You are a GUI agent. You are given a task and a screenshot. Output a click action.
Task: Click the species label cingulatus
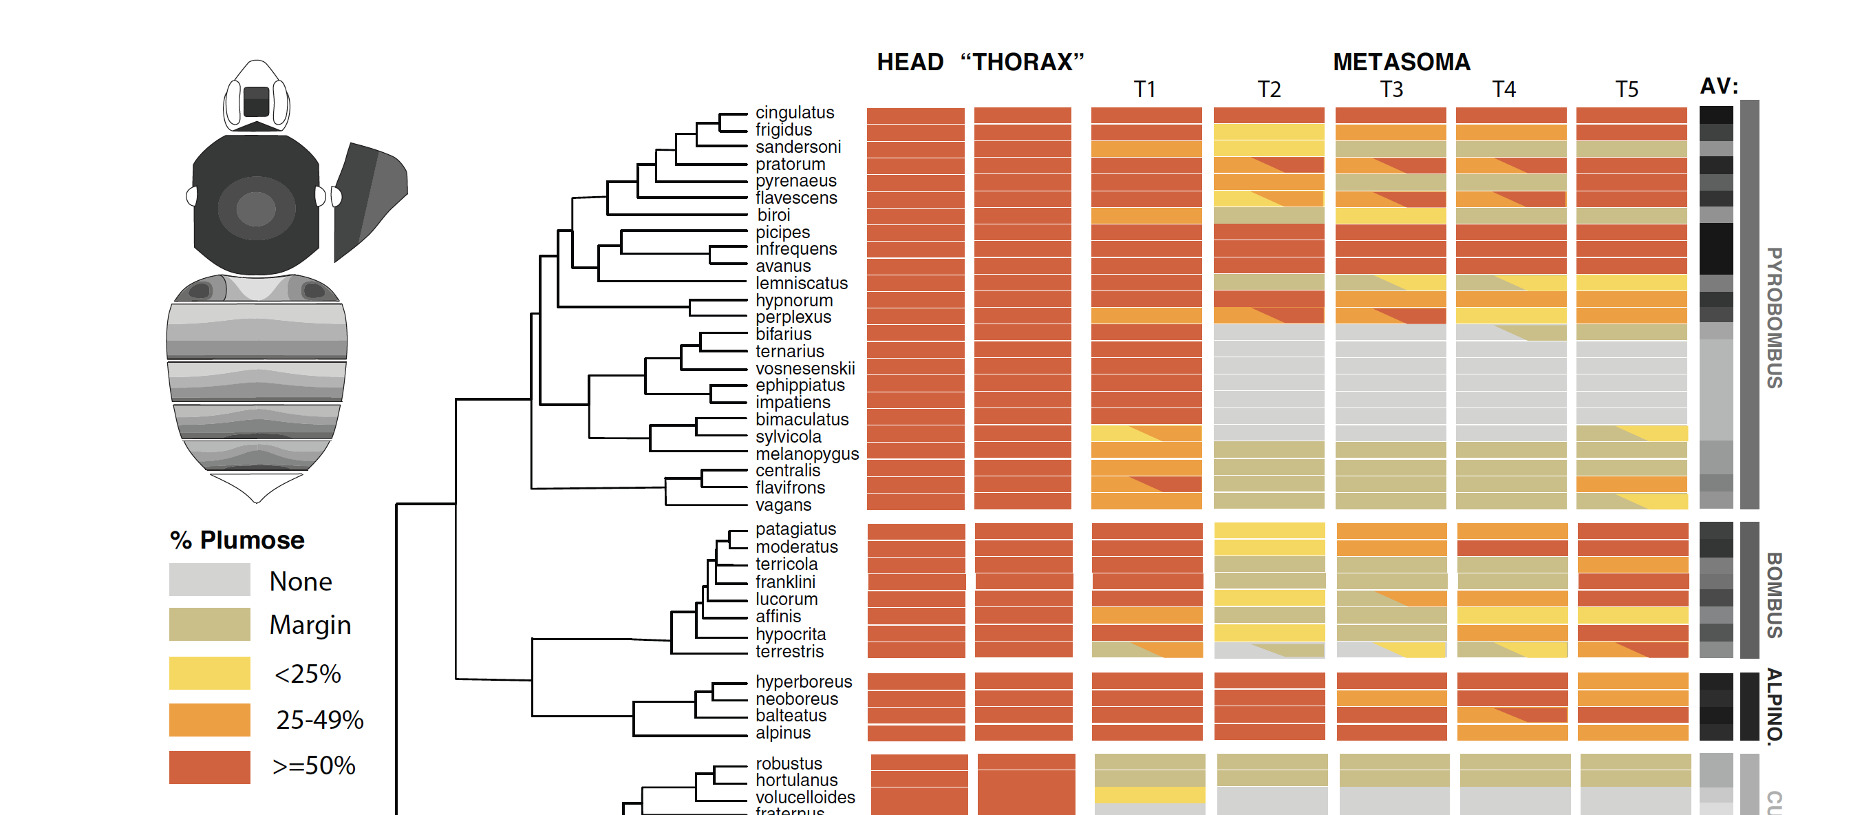[x=794, y=113]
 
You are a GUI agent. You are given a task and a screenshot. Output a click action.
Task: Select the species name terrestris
[x=789, y=652]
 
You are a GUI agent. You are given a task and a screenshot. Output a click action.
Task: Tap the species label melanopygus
[x=806, y=454]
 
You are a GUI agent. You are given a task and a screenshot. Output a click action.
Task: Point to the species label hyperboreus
[x=802, y=681]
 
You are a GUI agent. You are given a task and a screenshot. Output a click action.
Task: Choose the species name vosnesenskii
[x=804, y=369]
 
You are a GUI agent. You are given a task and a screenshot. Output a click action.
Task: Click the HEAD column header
[x=909, y=63]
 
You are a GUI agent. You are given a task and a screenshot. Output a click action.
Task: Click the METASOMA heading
[x=1400, y=63]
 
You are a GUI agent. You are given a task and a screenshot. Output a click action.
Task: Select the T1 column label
[x=1144, y=90]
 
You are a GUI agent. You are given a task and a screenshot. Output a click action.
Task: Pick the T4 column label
[x=1504, y=90]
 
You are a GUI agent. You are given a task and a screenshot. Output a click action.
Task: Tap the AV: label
[x=1718, y=87]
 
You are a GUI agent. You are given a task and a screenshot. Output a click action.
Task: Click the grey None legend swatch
[x=209, y=580]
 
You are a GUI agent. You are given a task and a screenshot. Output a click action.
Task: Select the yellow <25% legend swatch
[x=209, y=673]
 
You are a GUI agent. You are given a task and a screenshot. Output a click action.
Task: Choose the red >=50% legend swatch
[x=209, y=767]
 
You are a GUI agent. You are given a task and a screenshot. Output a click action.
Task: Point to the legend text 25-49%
[x=319, y=720]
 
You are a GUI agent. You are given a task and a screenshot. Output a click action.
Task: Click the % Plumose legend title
[x=237, y=540]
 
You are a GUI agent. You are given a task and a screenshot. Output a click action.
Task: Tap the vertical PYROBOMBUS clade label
[x=1773, y=317]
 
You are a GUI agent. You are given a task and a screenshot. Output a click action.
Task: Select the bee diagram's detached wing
[x=368, y=198]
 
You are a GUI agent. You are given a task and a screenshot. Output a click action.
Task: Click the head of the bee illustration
[x=257, y=97]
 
